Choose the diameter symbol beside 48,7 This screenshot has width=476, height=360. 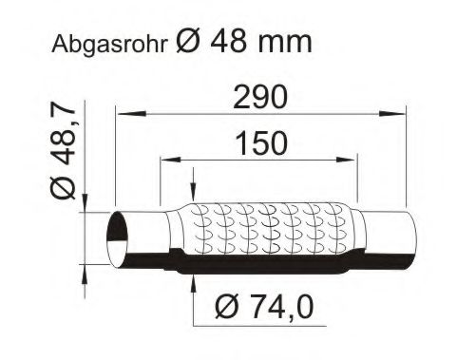pyautogui.click(x=64, y=190)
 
